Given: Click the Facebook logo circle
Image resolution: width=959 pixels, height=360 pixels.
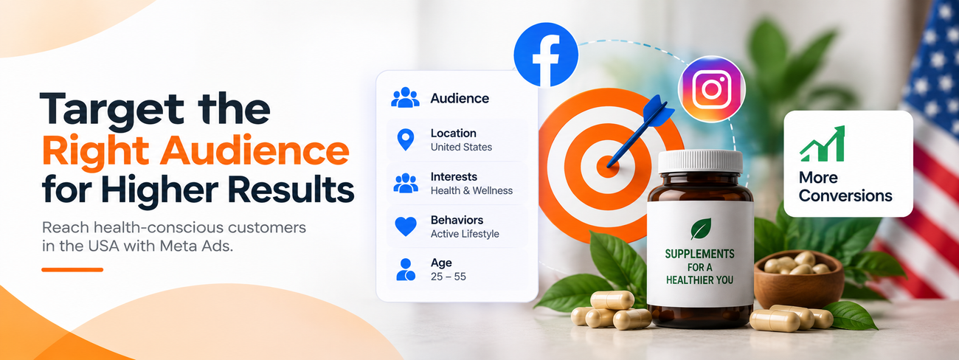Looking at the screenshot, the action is [546, 55].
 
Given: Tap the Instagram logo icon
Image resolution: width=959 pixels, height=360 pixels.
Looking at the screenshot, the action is [712, 89].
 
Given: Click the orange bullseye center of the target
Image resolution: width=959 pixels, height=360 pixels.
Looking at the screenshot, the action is [608, 166].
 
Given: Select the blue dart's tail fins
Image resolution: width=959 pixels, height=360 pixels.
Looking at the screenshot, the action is [657, 111].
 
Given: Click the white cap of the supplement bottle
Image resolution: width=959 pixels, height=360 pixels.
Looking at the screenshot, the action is [700, 162].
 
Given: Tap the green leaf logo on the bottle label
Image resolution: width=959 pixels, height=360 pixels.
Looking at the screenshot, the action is [701, 229].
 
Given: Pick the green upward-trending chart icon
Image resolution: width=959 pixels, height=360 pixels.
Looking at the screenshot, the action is [823, 144].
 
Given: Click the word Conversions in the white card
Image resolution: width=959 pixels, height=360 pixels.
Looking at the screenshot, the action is [845, 196].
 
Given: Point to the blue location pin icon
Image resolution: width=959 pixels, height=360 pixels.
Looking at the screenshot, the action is [406, 139].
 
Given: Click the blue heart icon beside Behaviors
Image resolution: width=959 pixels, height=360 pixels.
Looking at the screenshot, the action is [406, 226].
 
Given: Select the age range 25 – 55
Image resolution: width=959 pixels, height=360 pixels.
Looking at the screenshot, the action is [449, 277].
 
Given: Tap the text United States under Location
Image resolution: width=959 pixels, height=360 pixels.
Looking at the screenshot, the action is [461, 148].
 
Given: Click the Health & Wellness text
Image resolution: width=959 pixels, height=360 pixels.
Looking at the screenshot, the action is [471, 190].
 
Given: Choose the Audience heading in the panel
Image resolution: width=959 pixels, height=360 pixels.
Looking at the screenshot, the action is [460, 98].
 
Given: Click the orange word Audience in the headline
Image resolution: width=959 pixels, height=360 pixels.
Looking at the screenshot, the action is [255, 150].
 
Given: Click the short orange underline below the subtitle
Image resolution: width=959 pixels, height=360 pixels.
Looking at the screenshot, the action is [72, 270].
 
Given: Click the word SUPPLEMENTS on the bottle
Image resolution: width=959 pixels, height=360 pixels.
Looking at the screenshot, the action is [699, 254].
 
